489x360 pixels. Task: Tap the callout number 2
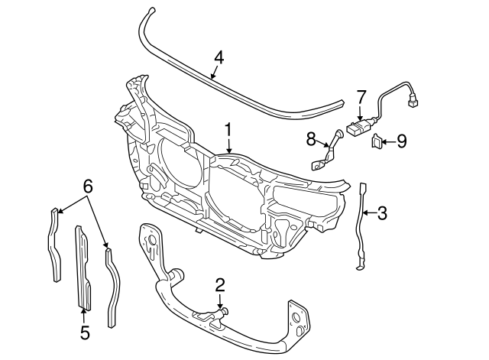(x=220, y=286)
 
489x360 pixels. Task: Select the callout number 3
(x=383, y=213)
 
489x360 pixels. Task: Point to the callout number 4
(x=219, y=57)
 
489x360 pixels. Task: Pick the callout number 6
(x=88, y=186)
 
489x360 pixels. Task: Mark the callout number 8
(x=311, y=138)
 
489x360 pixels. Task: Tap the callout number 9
(x=402, y=141)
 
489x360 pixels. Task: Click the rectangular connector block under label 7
(x=358, y=128)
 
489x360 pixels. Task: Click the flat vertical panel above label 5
(x=82, y=268)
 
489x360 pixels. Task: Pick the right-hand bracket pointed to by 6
(x=111, y=283)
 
